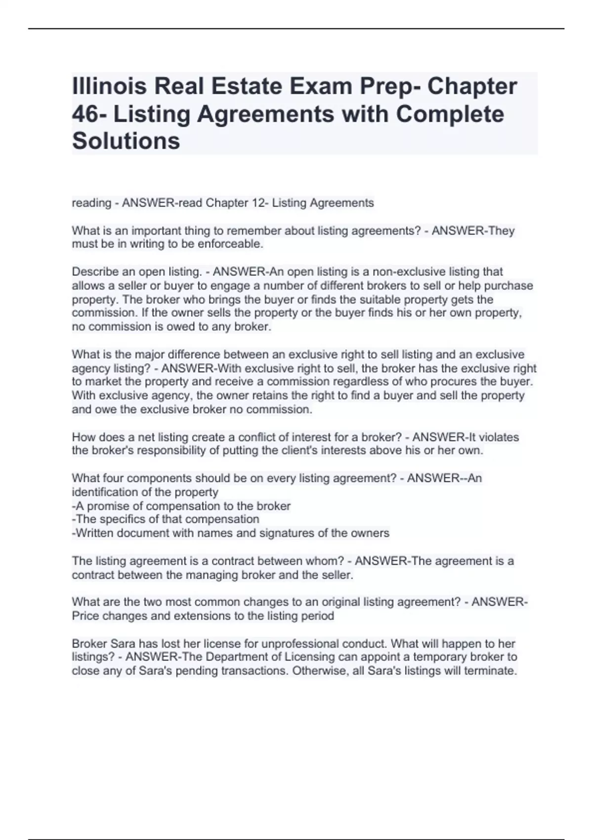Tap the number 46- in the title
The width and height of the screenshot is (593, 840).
[x=89, y=114]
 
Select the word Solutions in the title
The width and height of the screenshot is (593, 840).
[x=126, y=141]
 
